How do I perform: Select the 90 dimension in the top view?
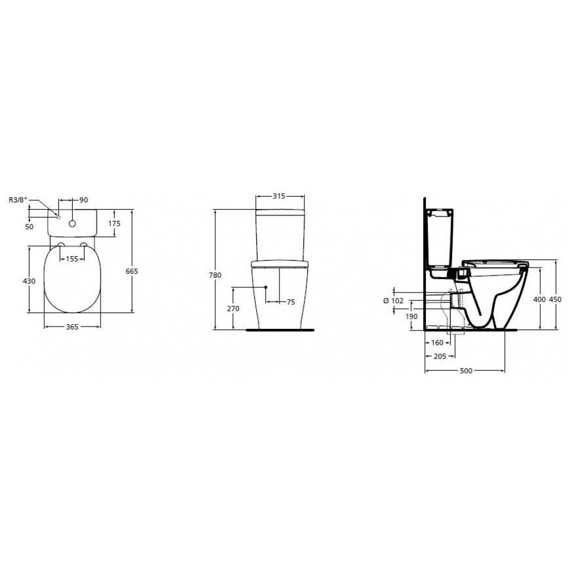pyautogui.click(x=83, y=200)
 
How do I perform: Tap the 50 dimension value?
pyautogui.click(x=30, y=227)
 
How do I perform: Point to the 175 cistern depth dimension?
pyautogui.click(x=114, y=223)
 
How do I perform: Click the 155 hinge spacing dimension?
pyautogui.click(x=72, y=258)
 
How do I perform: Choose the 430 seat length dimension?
pyautogui.click(x=30, y=281)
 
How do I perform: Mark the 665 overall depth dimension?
pyautogui.click(x=132, y=272)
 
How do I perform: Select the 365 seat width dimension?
pyautogui.click(x=72, y=327)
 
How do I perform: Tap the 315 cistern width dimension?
pyautogui.click(x=278, y=196)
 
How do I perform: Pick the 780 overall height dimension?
pyautogui.click(x=215, y=275)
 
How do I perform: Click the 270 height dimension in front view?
pyautogui.click(x=233, y=308)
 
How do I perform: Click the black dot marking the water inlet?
pyautogui.click(x=265, y=287)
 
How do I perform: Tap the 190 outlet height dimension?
pyautogui.click(x=412, y=316)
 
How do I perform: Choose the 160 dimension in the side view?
pyautogui.click(x=437, y=343)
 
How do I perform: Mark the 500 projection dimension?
pyautogui.click(x=466, y=370)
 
